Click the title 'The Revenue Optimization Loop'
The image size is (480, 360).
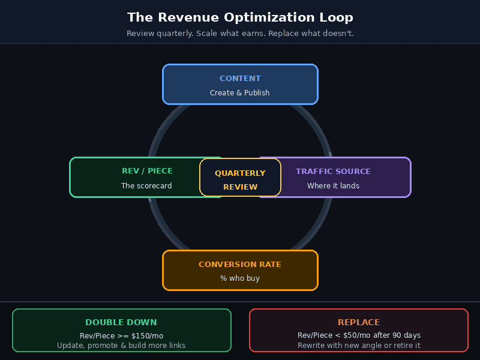coord(240,17)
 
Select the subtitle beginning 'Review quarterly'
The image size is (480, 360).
coord(240,34)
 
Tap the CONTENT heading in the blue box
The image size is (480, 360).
coord(240,79)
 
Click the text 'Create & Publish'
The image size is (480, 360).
coord(240,93)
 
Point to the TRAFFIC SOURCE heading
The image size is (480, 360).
coord(333,172)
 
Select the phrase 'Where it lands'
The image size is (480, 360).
coord(333,186)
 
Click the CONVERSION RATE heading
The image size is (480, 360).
coord(240,265)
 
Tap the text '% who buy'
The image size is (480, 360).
coord(240,278)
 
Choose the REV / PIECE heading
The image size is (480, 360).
coord(147,172)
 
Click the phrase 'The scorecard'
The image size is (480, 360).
coord(146,186)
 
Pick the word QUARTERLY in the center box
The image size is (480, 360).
coord(240,173)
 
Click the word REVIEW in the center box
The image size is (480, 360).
coord(240,187)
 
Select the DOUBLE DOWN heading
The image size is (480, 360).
coord(121,323)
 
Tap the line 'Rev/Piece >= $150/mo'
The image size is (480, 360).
coord(121,335)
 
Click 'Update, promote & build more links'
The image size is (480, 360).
coord(121,346)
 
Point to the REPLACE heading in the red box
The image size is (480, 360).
coord(359,323)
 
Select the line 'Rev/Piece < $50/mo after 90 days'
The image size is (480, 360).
coord(359,335)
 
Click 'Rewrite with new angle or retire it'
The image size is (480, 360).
coord(359,346)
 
